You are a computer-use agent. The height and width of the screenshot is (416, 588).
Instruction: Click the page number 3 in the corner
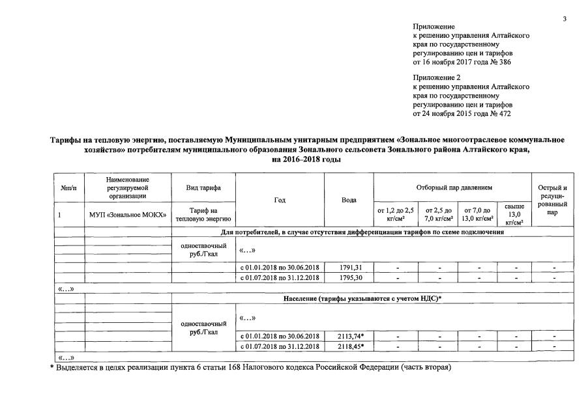(564, 18)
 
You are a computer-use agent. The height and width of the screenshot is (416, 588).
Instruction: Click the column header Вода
(349, 200)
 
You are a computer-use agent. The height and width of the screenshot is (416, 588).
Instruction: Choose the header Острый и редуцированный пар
(553, 200)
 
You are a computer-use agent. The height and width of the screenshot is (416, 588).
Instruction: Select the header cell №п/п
(68, 188)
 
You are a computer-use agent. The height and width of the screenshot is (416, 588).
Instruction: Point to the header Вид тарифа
(203, 188)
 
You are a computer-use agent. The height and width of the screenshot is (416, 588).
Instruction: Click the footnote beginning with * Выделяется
(251, 367)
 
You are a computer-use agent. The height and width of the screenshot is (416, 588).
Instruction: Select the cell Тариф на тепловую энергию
(203, 214)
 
